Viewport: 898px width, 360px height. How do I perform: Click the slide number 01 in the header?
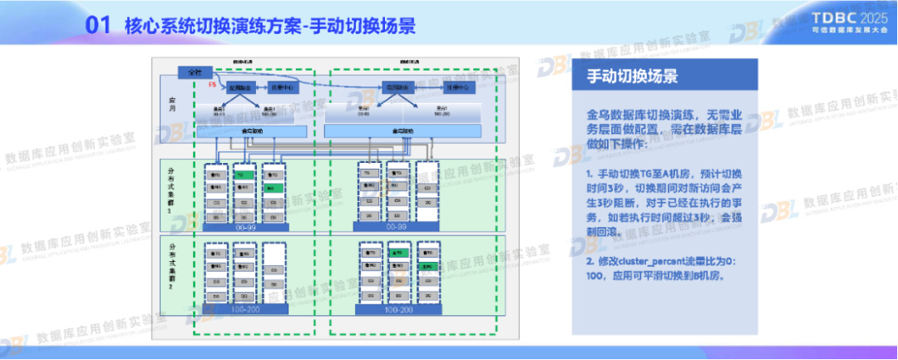click(98, 27)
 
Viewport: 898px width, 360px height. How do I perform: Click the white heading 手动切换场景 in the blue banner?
click(632, 76)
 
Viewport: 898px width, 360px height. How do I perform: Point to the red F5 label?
click(212, 85)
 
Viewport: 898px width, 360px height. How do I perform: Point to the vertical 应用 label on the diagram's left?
click(172, 104)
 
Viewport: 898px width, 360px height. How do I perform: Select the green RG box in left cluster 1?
click(272, 189)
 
